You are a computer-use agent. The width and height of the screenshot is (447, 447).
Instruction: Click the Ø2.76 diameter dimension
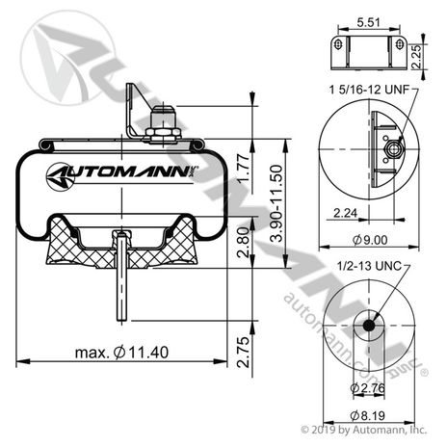pyautogui.click(x=366, y=387)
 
